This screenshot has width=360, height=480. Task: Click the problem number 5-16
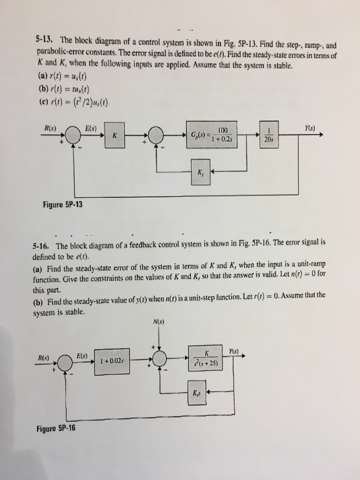click(42, 246)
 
